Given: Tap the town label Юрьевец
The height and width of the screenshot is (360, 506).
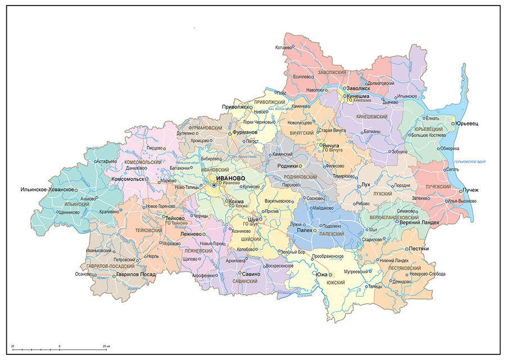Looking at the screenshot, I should (467, 124).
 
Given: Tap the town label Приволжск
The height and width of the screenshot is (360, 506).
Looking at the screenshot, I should (236, 106).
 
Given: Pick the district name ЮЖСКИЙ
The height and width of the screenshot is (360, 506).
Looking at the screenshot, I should (335, 282).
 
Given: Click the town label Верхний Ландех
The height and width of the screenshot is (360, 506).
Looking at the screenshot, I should (419, 223).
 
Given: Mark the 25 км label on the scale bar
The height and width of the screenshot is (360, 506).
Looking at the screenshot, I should (106, 345).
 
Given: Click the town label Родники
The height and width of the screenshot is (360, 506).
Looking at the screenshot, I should (287, 166).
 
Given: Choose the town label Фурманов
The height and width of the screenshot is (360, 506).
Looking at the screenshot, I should (245, 133).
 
